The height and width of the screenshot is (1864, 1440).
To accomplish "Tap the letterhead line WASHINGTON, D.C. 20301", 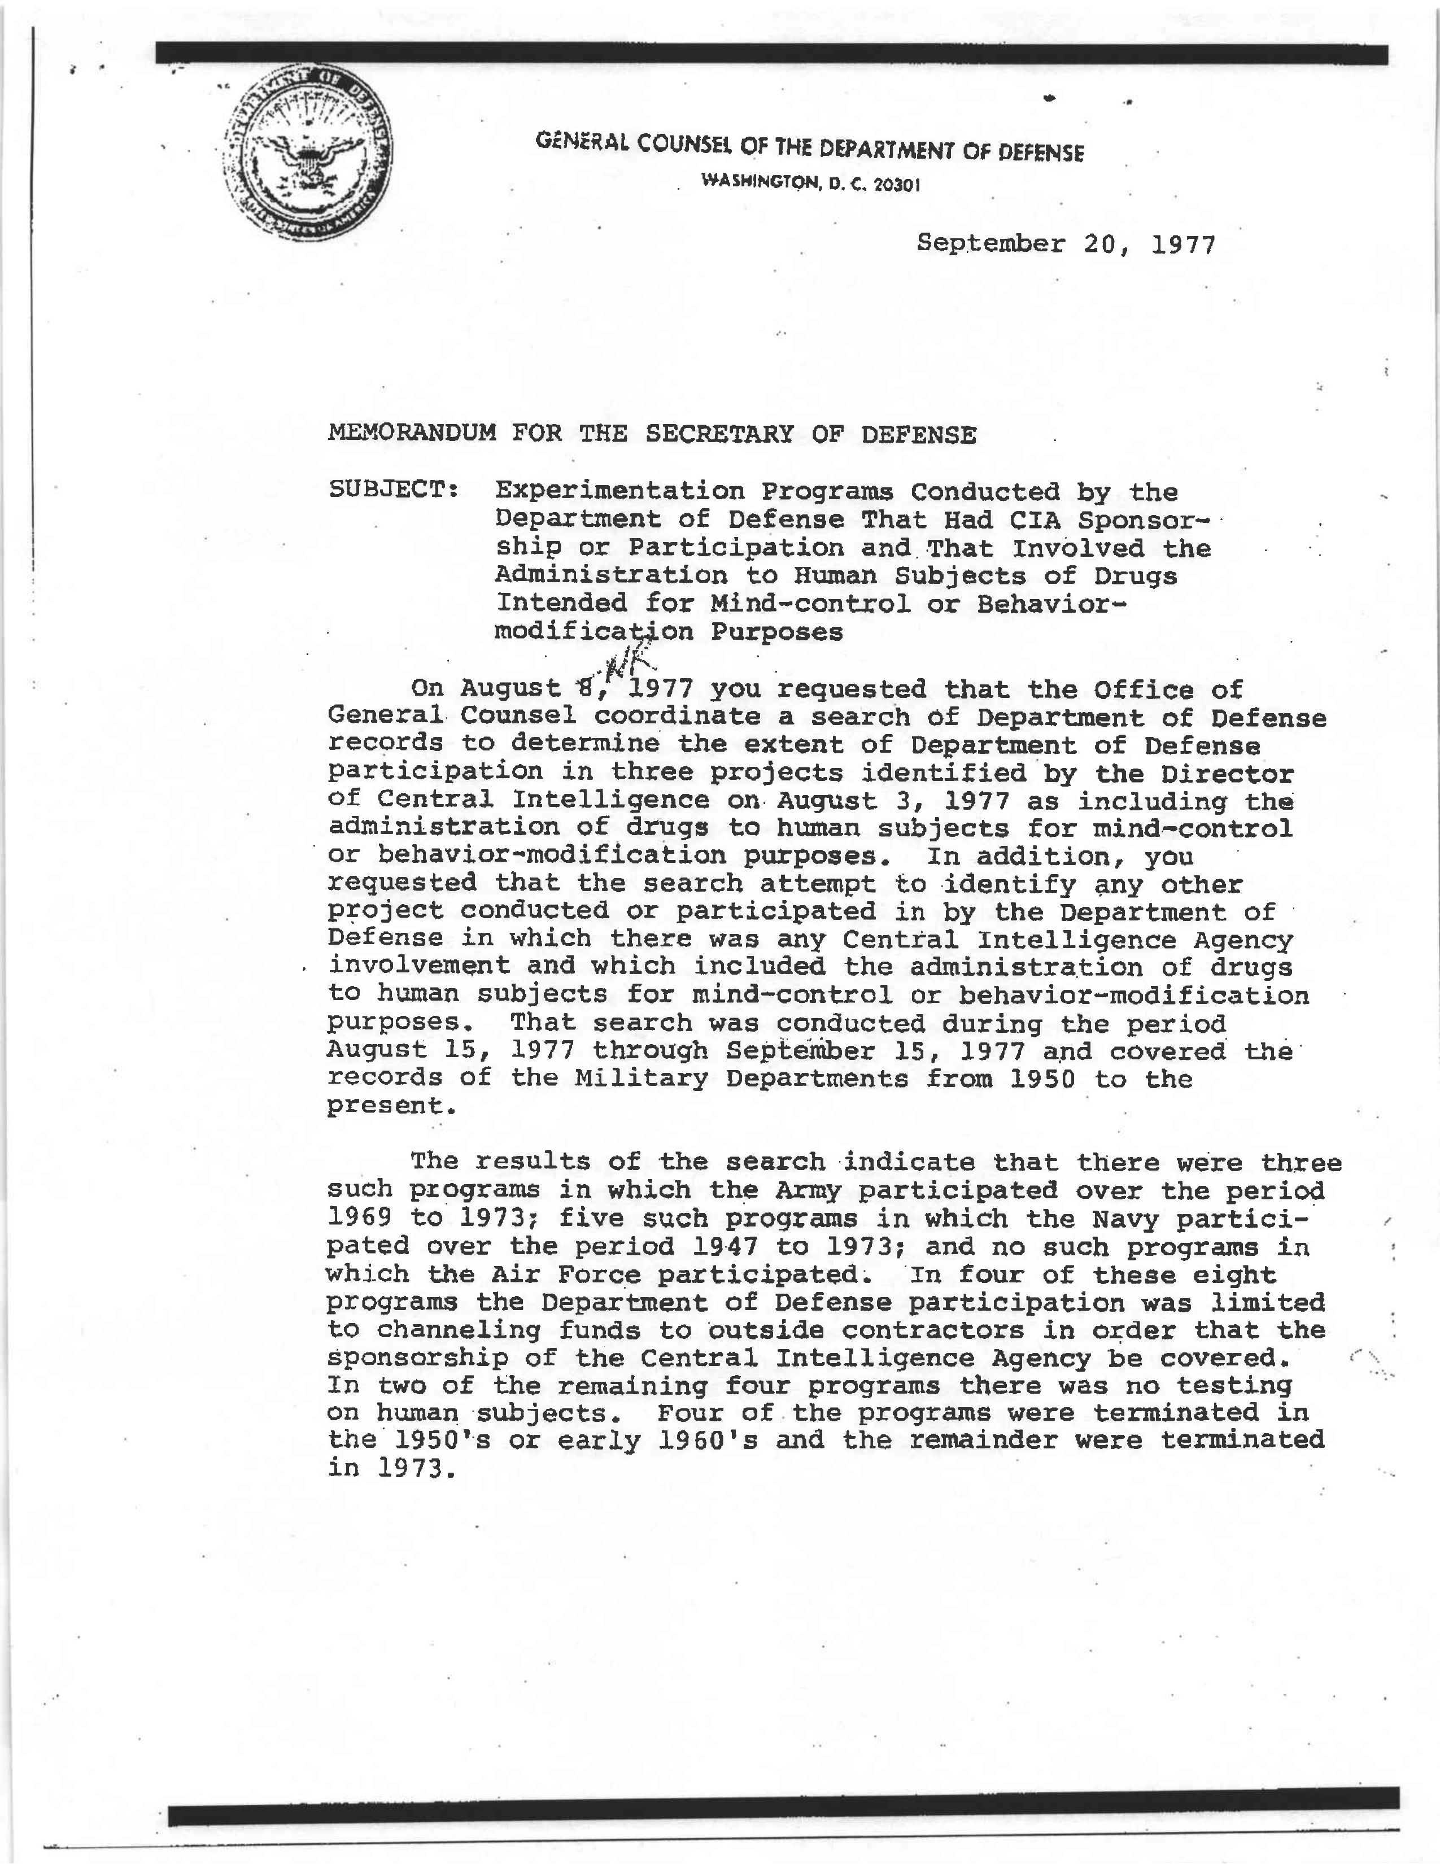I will point(810,182).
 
